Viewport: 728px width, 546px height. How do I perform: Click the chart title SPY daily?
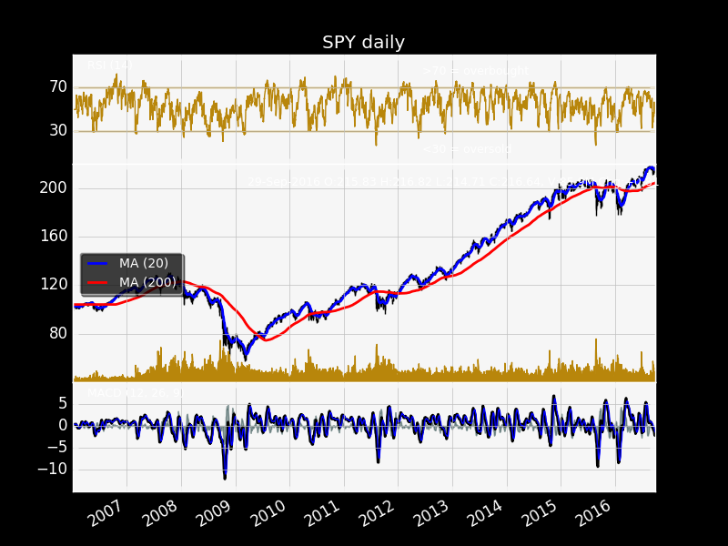(363, 43)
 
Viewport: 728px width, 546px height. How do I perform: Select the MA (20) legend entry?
(143, 263)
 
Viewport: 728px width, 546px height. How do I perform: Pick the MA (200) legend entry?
(147, 282)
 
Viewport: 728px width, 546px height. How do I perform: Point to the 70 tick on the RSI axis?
(58, 87)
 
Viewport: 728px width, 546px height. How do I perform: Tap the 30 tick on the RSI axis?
(58, 130)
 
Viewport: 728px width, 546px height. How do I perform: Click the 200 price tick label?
(53, 187)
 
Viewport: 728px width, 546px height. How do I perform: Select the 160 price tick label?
(53, 236)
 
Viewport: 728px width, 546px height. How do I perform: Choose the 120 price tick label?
(53, 284)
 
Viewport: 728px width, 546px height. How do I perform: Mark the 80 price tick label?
(56, 332)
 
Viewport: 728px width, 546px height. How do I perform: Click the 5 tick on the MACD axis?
(63, 403)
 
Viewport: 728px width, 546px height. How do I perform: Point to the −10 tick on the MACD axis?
(53, 469)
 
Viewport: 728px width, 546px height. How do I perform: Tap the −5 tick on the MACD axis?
(56, 447)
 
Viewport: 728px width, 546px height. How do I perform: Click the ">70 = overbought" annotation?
(476, 71)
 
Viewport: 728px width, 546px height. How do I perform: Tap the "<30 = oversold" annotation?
(467, 149)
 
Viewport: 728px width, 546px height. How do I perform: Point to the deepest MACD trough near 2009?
(225, 478)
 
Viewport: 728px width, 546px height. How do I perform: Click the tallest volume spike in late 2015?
(596, 340)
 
